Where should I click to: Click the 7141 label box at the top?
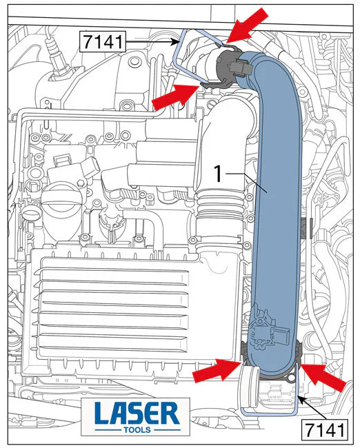103,42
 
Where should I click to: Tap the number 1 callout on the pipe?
219,174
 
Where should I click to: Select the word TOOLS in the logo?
137,430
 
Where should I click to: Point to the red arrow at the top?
248,26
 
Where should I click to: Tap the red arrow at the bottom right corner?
323,377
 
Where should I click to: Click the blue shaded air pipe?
277,200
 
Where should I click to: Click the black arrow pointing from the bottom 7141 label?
314,407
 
